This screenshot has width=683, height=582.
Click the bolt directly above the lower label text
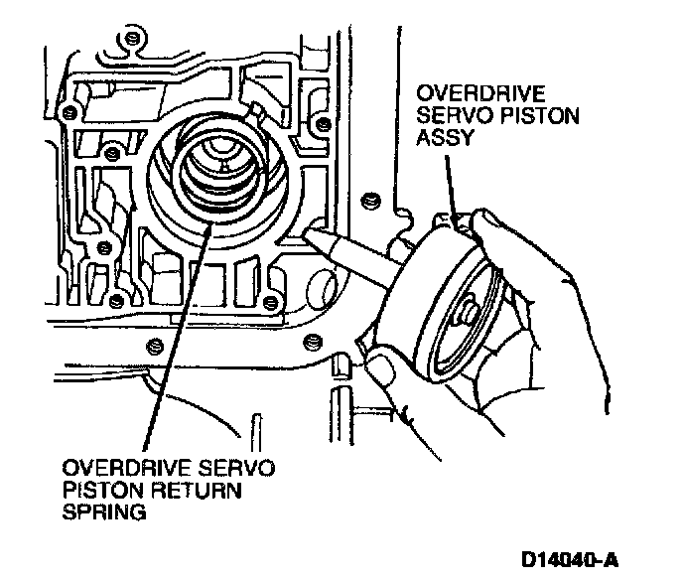(x=154, y=345)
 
